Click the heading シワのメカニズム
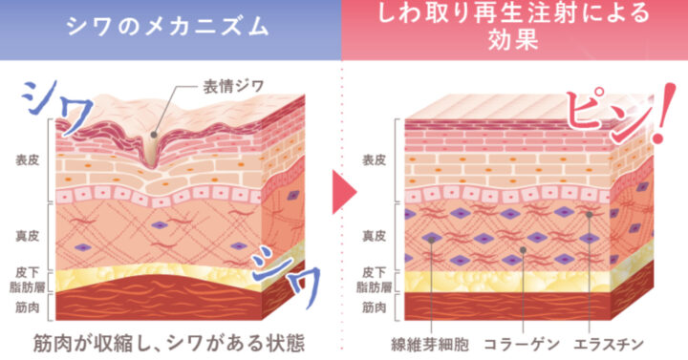(x=167, y=27)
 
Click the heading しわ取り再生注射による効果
(x=514, y=26)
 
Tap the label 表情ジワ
(x=233, y=86)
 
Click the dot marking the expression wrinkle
(x=154, y=135)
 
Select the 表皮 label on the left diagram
(x=27, y=160)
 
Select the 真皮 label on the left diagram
(x=27, y=236)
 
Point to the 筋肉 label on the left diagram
(x=27, y=307)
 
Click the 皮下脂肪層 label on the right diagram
(x=374, y=280)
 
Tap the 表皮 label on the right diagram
(x=374, y=160)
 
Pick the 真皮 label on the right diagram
(x=374, y=236)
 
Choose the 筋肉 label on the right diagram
(x=374, y=307)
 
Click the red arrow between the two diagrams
(x=344, y=192)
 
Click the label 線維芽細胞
(x=430, y=344)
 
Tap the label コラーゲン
(x=522, y=344)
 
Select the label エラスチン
(x=609, y=344)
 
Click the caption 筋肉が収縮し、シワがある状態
(x=168, y=344)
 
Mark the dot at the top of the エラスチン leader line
(x=590, y=215)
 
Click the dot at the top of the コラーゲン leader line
(x=523, y=250)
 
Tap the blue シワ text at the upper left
(x=57, y=105)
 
